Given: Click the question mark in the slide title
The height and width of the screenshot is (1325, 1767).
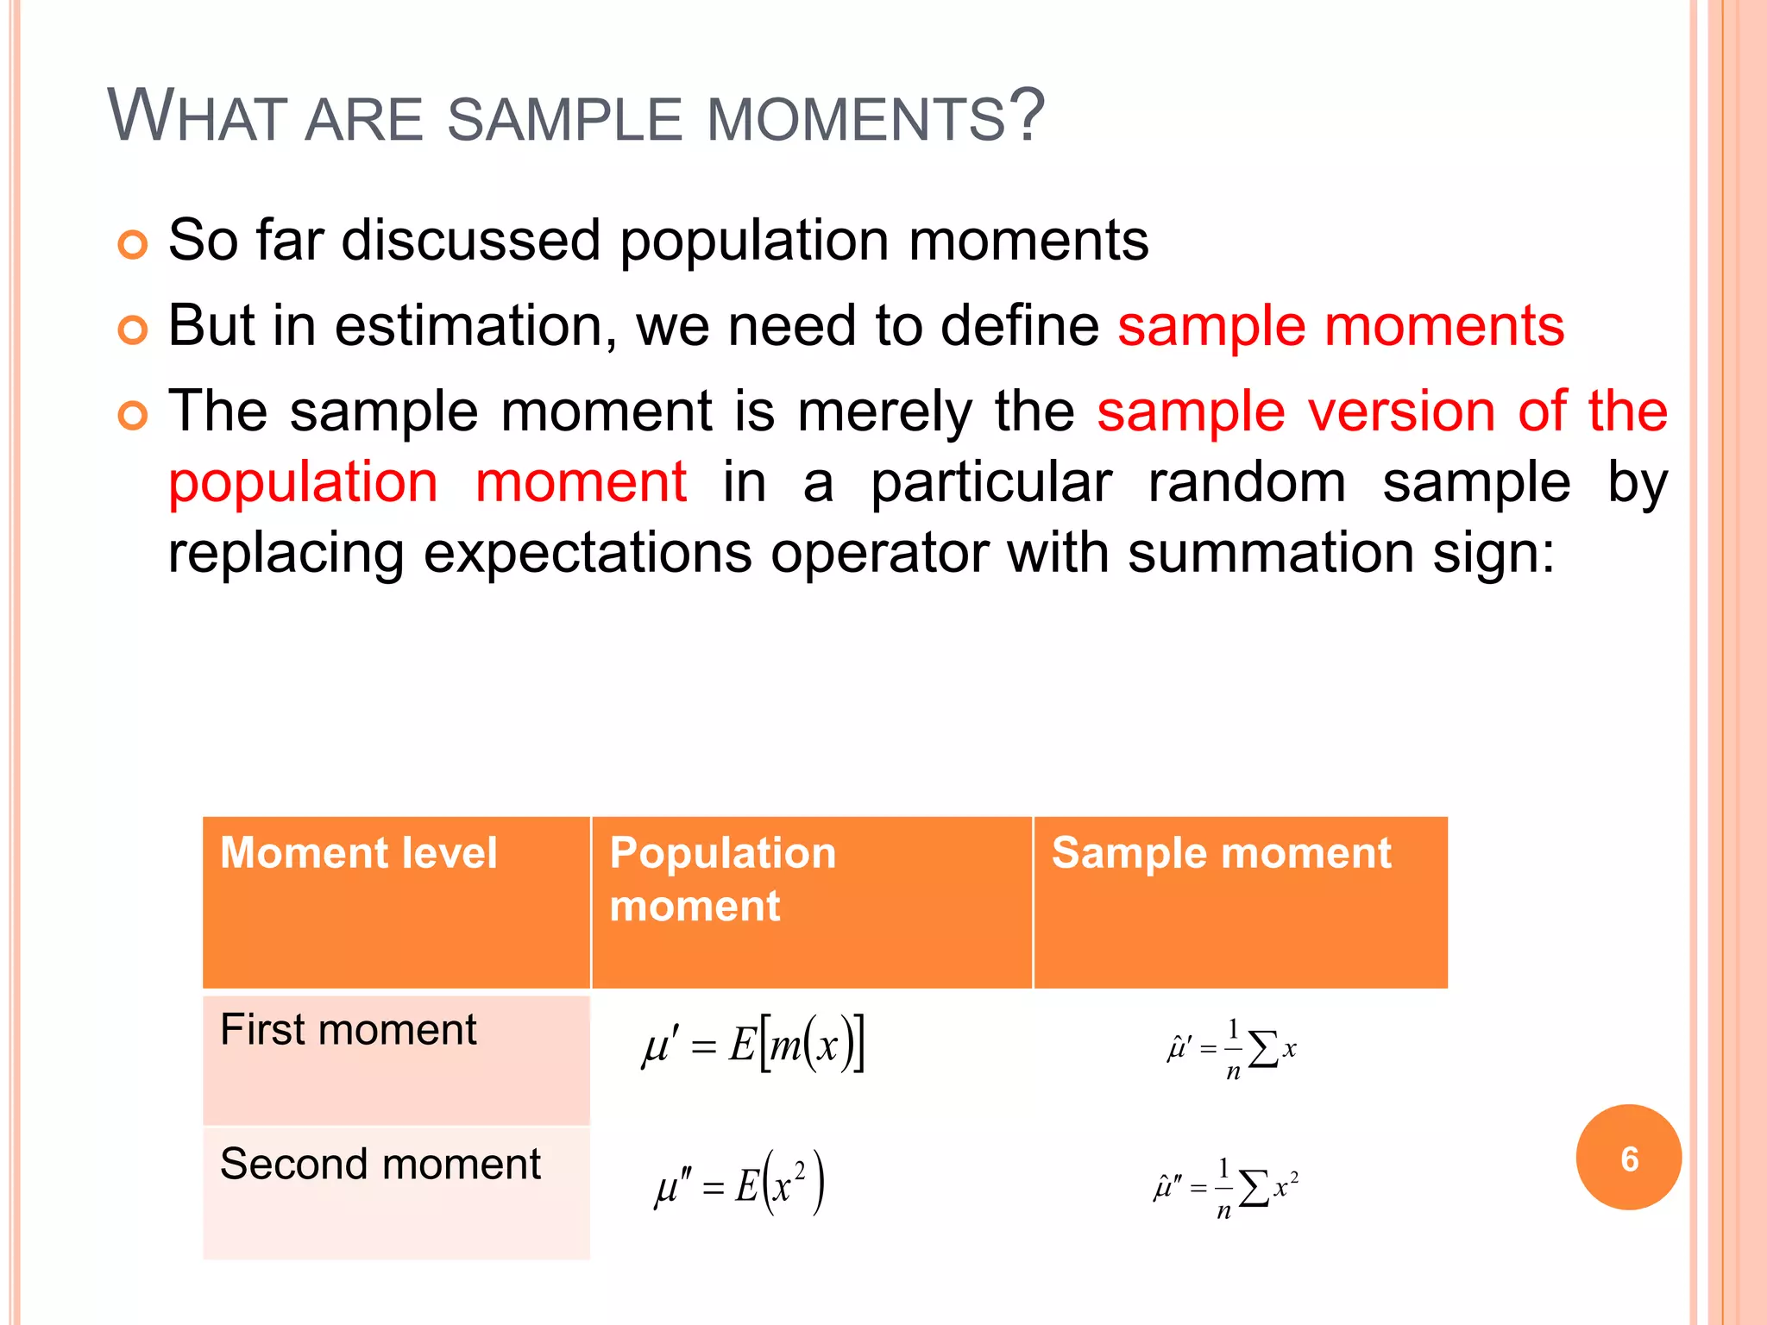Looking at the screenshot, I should point(1027,116).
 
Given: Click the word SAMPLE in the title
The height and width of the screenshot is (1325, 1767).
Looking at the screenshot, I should point(564,119).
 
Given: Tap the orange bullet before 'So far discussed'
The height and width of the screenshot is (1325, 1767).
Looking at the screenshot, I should point(133,246).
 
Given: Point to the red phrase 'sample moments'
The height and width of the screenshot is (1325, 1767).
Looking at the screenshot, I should point(1341,326).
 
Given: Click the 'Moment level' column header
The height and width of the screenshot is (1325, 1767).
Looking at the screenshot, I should point(359,853).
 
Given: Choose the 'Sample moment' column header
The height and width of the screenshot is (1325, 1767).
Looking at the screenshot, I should point(1221,853).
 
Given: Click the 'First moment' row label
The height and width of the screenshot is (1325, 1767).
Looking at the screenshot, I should point(348,1030).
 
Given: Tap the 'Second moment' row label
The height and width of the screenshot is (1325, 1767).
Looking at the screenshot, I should point(380,1165).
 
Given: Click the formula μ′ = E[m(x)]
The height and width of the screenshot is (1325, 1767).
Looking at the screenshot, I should point(753,1046).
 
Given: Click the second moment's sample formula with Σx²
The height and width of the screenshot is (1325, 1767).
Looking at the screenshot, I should point(1226,1189).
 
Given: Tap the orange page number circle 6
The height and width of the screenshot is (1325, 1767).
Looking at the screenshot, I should point(1628,1158).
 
